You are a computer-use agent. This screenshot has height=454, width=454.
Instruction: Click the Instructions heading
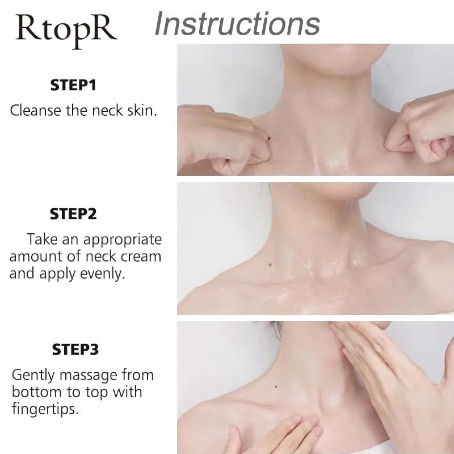point(237,24)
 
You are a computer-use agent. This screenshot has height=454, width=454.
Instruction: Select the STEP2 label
point(74,214)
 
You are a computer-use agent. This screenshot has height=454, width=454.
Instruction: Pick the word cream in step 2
point(141,256)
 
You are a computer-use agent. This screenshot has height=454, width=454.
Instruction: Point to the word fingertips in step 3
point(45,408)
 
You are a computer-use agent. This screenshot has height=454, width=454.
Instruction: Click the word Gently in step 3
point(32,375)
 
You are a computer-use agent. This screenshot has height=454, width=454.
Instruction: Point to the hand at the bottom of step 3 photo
point(272,434)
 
